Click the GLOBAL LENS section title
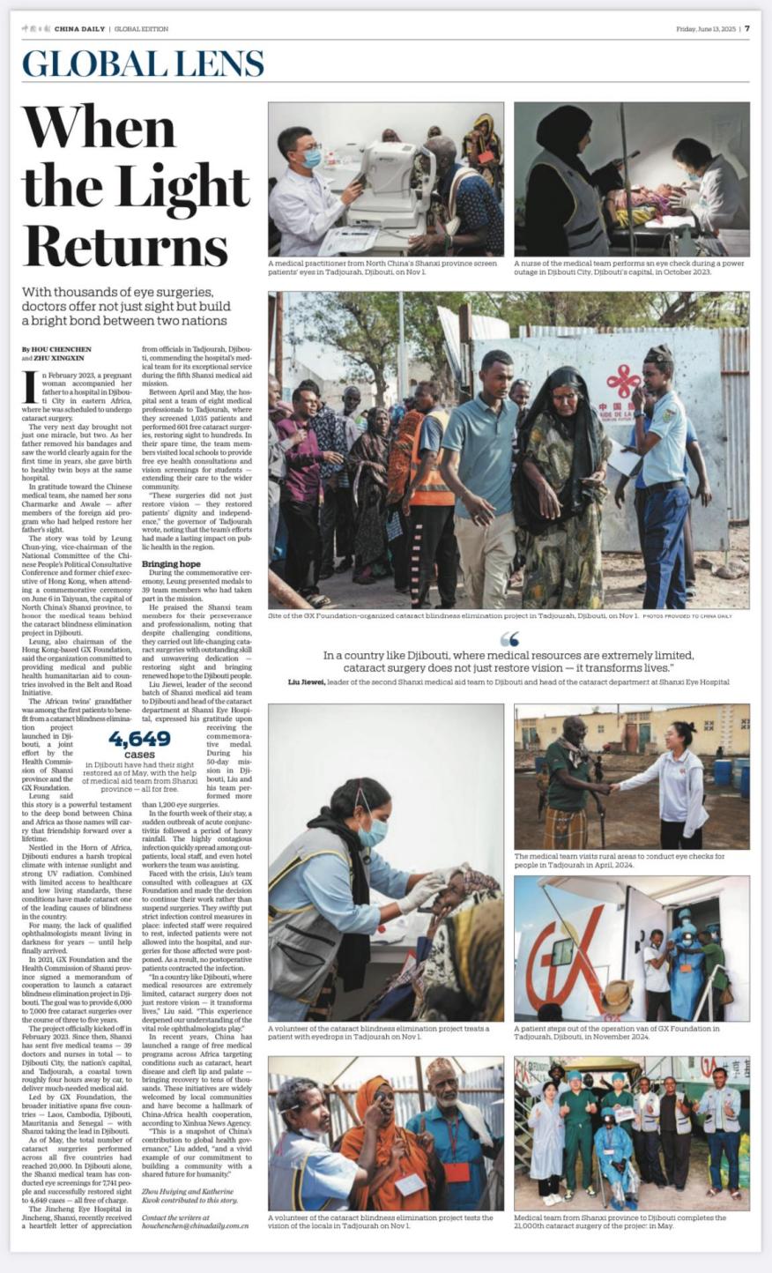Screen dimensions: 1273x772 coord(143,64)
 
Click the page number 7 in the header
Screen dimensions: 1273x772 coord(746,28)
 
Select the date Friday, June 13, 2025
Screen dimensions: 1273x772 coord(705,28)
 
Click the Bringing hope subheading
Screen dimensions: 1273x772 coord(171,563)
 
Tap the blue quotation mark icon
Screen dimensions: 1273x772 coord(508,639)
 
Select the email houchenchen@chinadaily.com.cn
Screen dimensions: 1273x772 coord(195,1225)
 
